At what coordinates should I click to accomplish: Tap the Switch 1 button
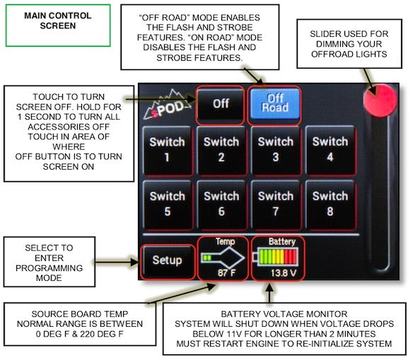tap(167, 149)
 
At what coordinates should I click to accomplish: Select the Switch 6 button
tap(221, 203)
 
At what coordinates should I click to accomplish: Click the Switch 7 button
tap(275, 203)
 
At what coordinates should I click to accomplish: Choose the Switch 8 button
tap(330, 203)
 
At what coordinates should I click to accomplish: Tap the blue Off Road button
tap(275, 103)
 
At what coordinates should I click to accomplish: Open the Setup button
tap(167, 260)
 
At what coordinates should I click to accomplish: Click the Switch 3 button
tap(275, 149)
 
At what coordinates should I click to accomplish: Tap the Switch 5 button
tap(167, 203)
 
